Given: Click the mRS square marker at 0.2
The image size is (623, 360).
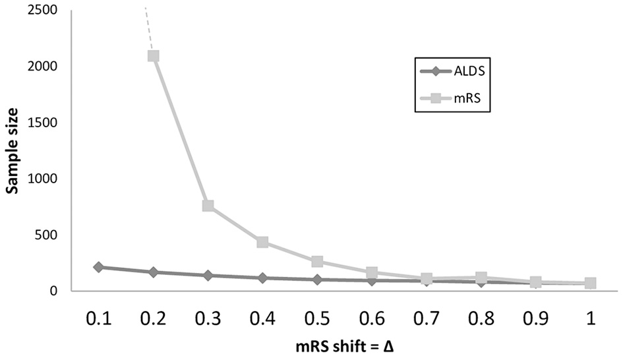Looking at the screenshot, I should tap(153, 56).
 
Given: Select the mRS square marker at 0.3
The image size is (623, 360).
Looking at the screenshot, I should tap(208, 206).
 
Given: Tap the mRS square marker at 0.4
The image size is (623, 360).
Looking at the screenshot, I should tap(262, 242).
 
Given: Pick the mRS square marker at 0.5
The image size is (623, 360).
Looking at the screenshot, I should tap(317, 261).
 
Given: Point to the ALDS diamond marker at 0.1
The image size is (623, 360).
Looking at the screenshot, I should tap(98, 267).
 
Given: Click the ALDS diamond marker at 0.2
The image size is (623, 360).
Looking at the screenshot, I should tap(153, 272).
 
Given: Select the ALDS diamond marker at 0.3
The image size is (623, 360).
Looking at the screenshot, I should tap(208, 275).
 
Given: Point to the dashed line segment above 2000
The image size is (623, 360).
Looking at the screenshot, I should tap(148, 26).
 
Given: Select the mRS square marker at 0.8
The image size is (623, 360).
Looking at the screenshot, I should tap(481, 278).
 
